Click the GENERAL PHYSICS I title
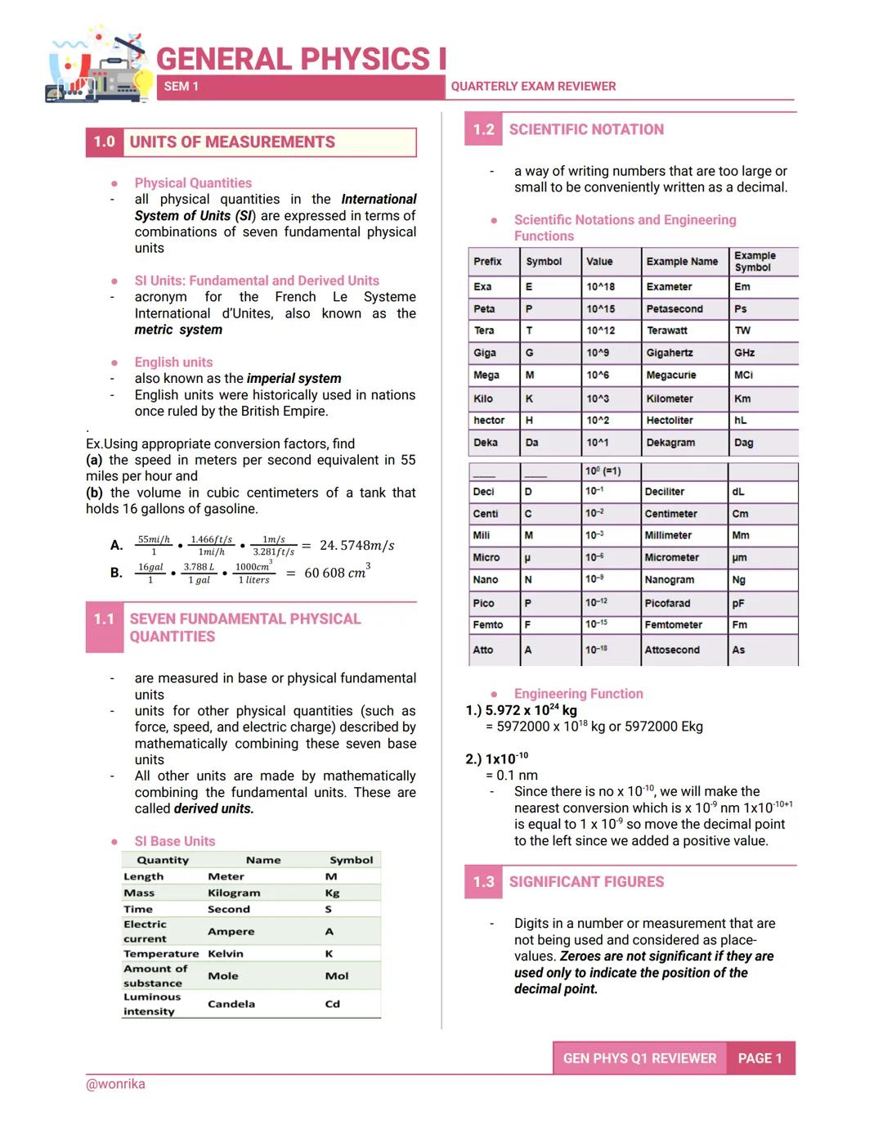click(x=301, y=59)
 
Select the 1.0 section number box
click(x=104, y=142)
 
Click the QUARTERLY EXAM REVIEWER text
click(x=533, y=86)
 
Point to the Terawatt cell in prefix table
click(x=666, y=331)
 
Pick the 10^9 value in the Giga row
click(x=597, y=353)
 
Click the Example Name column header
click(x=681, y=262)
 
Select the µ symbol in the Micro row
click(x=527, y=557)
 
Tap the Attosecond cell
click(x=671, y=650)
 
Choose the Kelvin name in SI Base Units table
click(x=225, y=953)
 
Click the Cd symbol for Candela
click(x=332, y=1004)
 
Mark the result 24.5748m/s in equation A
click(x=356, y=546)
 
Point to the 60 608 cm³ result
click(x=336, y=572)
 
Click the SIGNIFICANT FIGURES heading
click(x=586, y=881)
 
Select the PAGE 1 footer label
click(x=760, y=1058)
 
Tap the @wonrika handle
click(x=115, y=1084)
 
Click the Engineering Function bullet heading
click(x=578, y=694)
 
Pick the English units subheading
click(x=173, y=362)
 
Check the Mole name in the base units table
click(x=222, y=975)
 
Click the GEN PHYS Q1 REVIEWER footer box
click(x=639, y=1058)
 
